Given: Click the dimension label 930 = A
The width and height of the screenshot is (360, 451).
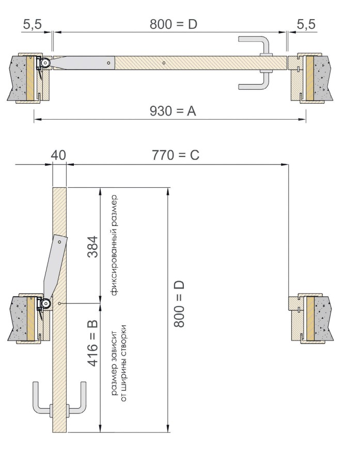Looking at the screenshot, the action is click(x=173, y=111).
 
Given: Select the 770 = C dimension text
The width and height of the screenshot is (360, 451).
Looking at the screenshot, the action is click(x=176, y=155).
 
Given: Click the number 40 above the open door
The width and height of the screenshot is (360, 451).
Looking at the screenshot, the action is click(x=58, y=155).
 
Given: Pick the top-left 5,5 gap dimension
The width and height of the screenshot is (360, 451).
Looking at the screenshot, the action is click(x=32, y=24).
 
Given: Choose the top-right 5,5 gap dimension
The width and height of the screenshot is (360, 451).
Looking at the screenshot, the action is click(x=306, y=24).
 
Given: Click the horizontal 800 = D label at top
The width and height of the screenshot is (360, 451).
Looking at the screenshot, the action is click(x=174, y=24).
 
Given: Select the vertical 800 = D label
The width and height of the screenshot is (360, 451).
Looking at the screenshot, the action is click(x=179, y=304).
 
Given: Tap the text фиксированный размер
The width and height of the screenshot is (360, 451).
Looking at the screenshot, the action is click(x=114, y=245).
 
